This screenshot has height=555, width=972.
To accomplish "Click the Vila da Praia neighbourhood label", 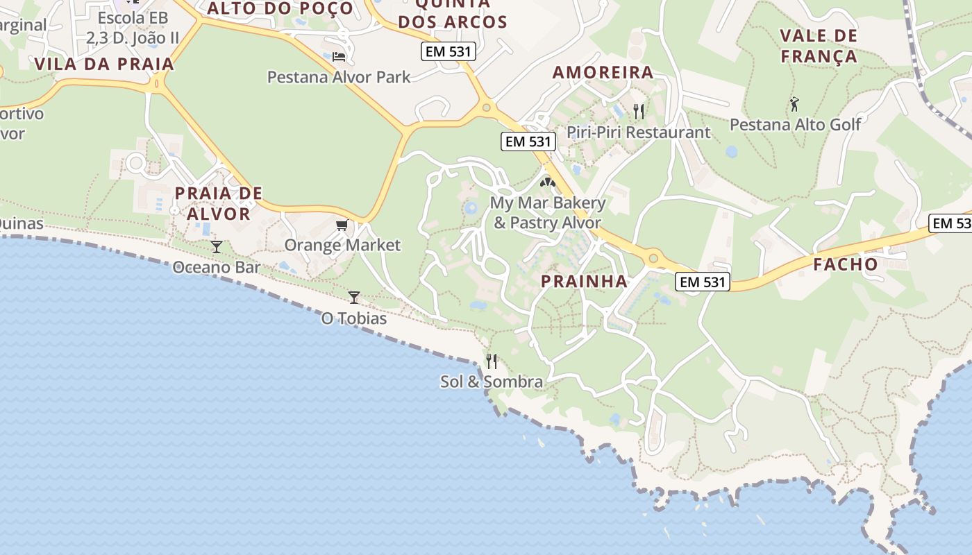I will pyautogui.click(x=103, y=65).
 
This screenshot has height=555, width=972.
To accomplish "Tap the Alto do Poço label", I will pyautogui.click(x=280, y=8).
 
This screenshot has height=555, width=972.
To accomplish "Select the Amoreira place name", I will pyautogui.click(x=603, y=72).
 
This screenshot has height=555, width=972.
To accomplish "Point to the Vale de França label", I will pyautogui.click(x=819, y=46).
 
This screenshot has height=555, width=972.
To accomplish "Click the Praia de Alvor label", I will pyautogui.click(x=219, y=203).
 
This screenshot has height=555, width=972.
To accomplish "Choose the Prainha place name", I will pyautogui.click(x=584, y=281).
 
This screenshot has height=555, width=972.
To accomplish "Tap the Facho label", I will pyautogui.click(x=846, y=264).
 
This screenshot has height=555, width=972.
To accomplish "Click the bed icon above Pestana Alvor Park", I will pyautogui.click(x=338, y=56).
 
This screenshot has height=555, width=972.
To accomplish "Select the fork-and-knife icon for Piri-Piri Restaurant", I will pyautogui.click(x=639, y=111).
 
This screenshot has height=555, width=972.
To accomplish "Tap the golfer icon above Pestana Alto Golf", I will pyautogui.click(x=794, y=105).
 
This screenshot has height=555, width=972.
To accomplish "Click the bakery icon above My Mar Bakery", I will pyautogui.click(x=548, y=183).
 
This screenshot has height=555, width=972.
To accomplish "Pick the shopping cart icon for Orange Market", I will pyautogui.click(x=342, y=225).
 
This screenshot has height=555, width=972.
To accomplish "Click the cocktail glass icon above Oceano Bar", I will pyautogui.click(x=217, y=247).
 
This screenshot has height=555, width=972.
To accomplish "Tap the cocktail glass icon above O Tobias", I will pyautogui.click(x=354, y=298).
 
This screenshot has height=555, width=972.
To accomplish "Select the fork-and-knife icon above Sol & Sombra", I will pyautogui.click(x=492, y=361).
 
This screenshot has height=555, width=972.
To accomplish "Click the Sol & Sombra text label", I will pyautogui.click(x=492, y=382).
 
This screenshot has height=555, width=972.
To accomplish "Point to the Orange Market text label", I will pyautogui.click(x=342, y=245).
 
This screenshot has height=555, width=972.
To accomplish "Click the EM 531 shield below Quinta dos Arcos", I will pyautogui.click(x=448, y=51).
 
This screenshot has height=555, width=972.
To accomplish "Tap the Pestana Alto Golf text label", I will pyautogui.click(x=795, y=125).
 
